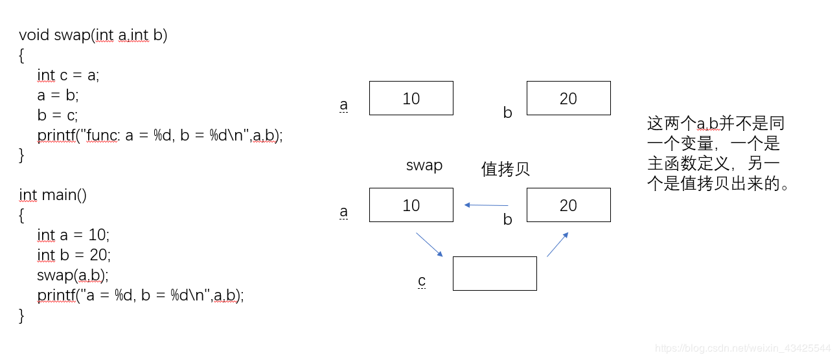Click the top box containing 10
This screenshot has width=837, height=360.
[411, 98]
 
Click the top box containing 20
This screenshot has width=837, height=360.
[568, 98]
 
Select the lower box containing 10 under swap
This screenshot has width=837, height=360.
[411, 205]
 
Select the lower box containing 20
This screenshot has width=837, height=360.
[568, 205]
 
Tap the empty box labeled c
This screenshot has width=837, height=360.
[494, 273]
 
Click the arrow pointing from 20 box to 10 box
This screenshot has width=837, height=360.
[487, 205]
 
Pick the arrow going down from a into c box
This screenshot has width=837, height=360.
[429, 244]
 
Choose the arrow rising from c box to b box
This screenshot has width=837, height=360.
[558, 244]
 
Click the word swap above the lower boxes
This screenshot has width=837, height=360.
[424, 165]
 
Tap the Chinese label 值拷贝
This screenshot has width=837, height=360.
[505, 169]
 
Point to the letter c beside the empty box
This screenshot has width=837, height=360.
[422, 280]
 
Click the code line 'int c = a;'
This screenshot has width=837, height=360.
[68, 75]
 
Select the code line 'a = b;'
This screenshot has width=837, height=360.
[58, 95]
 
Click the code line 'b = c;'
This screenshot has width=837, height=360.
[58, 115]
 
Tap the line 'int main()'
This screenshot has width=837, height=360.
[52, 195]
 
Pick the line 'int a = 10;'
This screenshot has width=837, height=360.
[73, 235]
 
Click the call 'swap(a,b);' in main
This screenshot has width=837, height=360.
[73, 275]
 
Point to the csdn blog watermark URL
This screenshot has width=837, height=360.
[742, 348]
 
